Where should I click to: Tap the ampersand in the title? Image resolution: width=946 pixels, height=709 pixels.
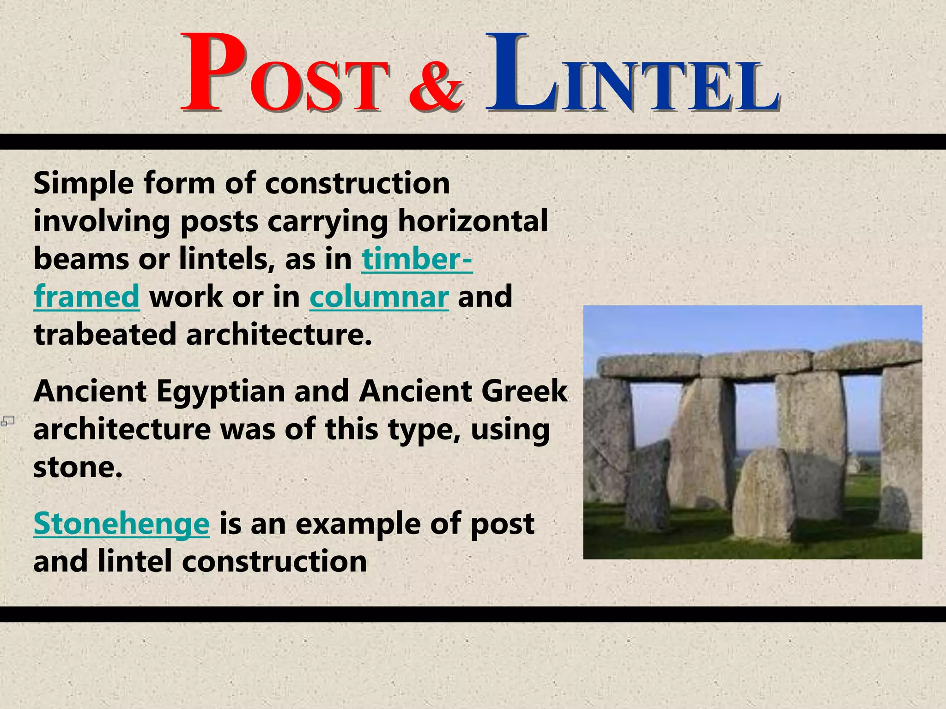pyautogui.click(x=436, y=88)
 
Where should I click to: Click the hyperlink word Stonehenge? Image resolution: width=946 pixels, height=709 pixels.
pyautogui.click(x=121, y=524)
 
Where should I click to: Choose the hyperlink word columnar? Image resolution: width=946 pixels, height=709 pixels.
pyautogui.click(x=379, y=297)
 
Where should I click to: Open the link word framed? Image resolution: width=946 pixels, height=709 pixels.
pyautogui.click(x=86, y=297)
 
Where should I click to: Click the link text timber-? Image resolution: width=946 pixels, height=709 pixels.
pyautogui.click(x=417, y=259)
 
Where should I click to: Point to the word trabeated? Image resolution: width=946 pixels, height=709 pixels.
pyautogui.click(x=105, y=335)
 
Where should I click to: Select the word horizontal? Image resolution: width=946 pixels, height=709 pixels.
pyautogui.click(x=473, y=221)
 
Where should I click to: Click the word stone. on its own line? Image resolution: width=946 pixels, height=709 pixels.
pyautogui.click(x=78, y=468)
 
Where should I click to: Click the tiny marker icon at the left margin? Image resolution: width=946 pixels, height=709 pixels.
pyautogui.click(x=7, y=421)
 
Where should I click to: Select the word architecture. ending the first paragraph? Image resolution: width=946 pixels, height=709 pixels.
pyautogui.click(x=279, y=335)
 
